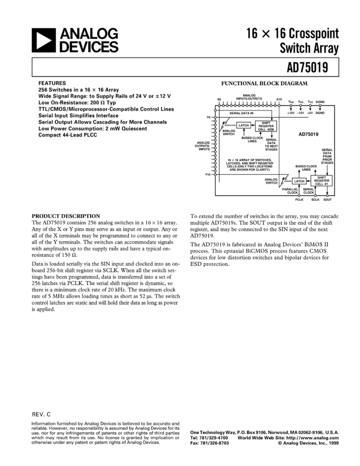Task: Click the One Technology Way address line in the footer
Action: coord(267,433)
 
